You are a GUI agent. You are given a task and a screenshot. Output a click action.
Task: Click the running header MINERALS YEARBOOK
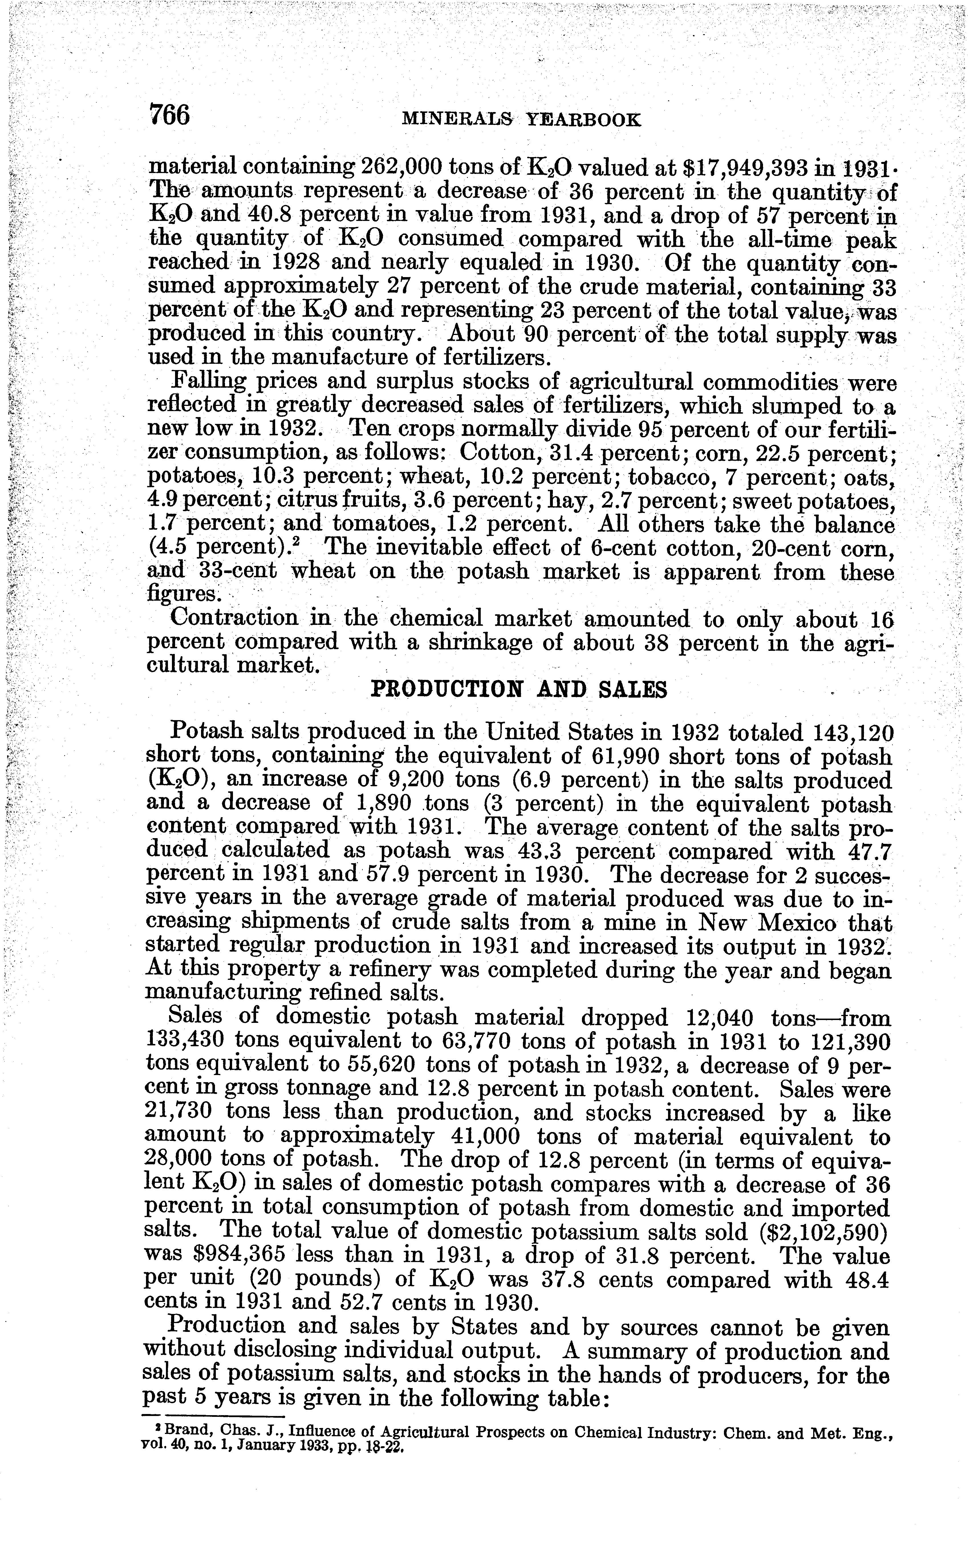point(520,120)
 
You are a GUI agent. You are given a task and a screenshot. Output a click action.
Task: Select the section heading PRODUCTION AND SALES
point(519,689)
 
